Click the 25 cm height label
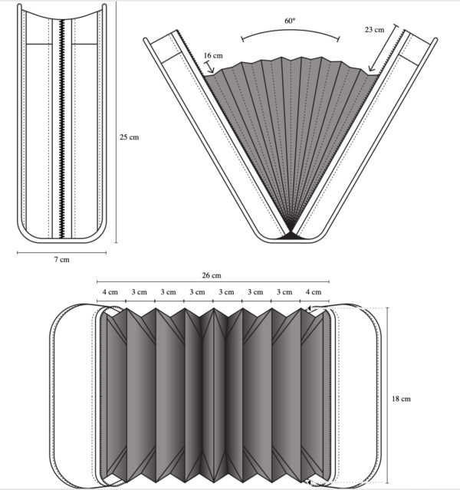[x=129, y=136]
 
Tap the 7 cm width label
[x=61, y=259]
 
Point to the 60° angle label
[x=290, y=21]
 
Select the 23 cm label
[x=374, y=29]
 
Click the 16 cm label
[x=213, y=55]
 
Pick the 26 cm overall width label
[x=212, y=275]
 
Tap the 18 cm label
[x=401, y=399]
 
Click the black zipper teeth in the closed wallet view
[x=62, y=129]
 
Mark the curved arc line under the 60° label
[x=291, y=31]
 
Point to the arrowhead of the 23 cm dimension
[x=370, y=69]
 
